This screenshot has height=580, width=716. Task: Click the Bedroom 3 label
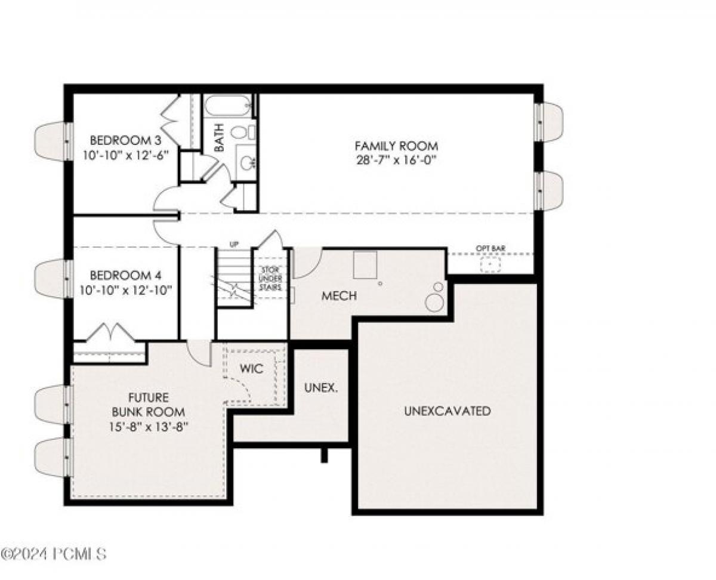[x=125, y=141]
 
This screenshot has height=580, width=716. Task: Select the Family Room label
[x=396, y=146]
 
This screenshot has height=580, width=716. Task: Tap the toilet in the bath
[x=241, y=132]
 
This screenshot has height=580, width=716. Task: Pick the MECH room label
[x=339, y=296]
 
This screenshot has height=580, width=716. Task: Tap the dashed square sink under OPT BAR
[x=490, y=264]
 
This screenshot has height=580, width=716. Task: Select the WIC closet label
[x=252, y=369]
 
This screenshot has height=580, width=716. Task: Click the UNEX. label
[x=321, y=387]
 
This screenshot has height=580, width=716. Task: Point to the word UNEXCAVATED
[x=447, y=411]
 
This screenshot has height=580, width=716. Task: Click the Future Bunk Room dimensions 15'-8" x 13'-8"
[x=148, y=427]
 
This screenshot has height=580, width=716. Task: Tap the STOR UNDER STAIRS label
[x=271, y=278]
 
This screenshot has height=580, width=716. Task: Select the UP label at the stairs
[x=234, y=245]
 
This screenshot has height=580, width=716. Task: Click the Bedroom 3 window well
[x=51, y=141]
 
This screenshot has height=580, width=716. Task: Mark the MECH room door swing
[x=307, y=263]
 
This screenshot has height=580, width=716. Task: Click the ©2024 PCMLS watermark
[x=54, y=554]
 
